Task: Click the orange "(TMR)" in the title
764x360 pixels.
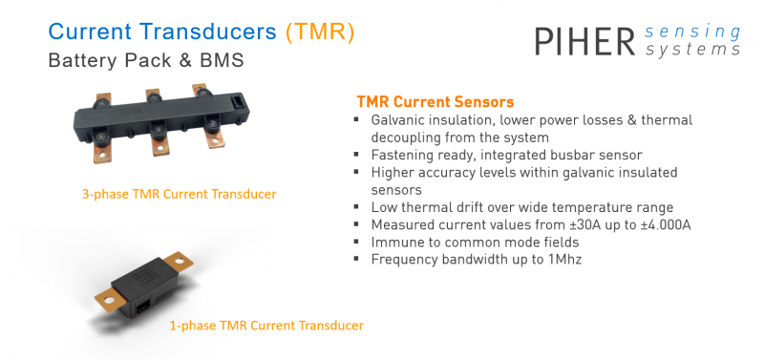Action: [320, 32]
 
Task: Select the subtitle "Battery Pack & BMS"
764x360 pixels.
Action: [145, 60]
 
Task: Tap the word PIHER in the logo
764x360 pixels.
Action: [584, 42]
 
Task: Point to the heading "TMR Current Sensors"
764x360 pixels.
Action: [435, 101]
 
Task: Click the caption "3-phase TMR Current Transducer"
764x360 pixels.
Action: [179, 194]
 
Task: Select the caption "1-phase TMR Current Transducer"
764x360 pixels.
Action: [266, 326]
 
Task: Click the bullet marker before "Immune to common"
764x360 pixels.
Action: [356, 242]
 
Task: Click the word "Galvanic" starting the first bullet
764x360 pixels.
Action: [399, 120]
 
